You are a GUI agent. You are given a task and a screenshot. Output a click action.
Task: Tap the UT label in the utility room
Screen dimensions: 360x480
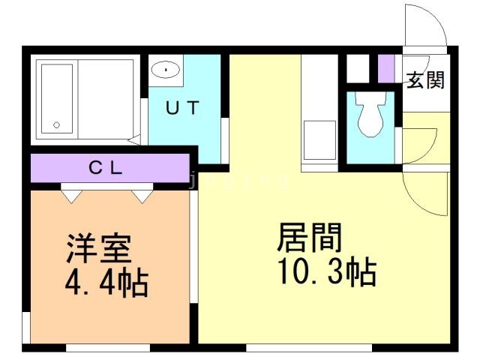tap(182, 108)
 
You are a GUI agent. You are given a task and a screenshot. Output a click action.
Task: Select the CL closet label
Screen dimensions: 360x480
tap(105, 168)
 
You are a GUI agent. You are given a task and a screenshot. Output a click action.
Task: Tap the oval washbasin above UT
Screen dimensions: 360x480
tap(164, 70)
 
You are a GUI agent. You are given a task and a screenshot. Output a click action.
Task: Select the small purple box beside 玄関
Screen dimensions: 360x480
tap(386, 68)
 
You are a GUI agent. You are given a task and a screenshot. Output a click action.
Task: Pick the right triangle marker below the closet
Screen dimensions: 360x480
tap(141, 195)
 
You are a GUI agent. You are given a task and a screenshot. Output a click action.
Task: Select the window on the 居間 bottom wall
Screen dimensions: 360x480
tap(309, 347)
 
